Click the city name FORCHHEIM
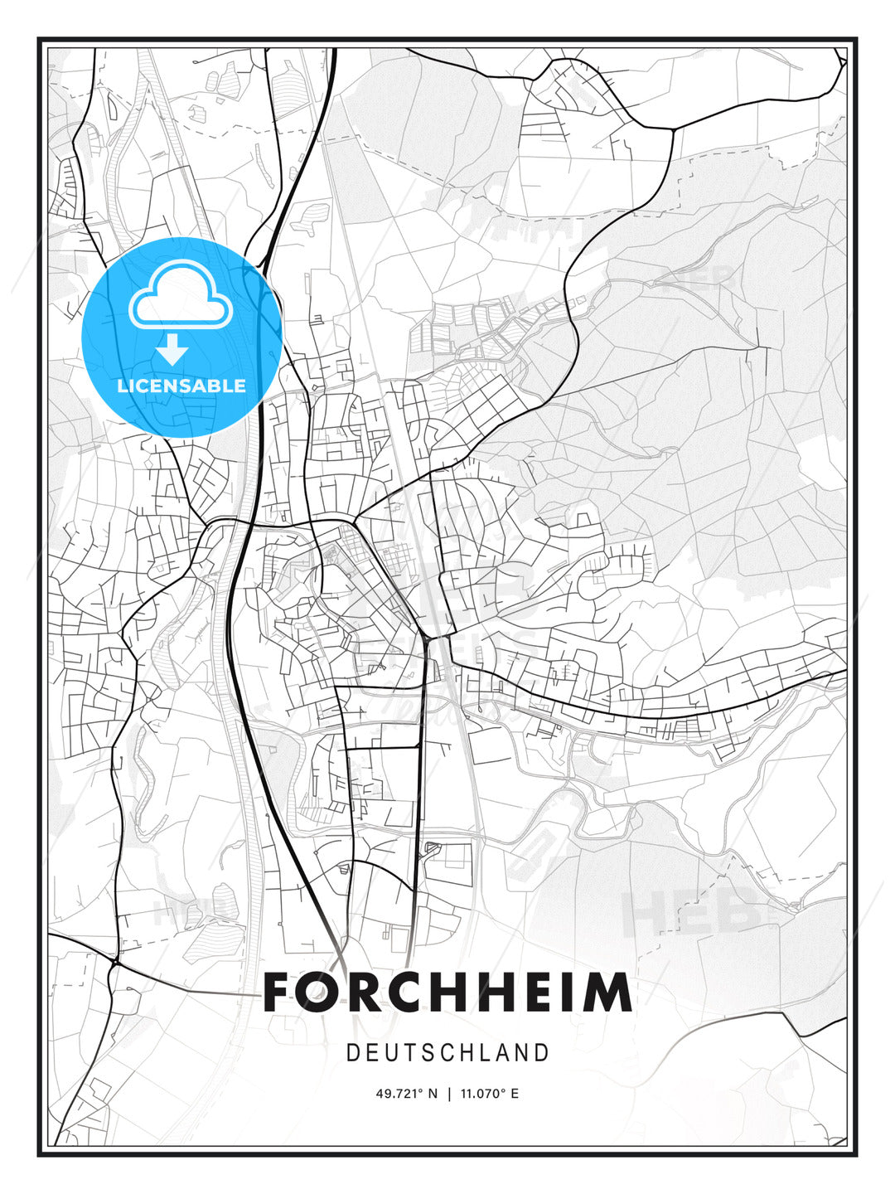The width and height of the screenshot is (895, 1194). point(447,993)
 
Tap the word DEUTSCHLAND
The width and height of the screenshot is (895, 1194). point(447,1053)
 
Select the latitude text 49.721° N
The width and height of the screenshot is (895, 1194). point(406,1094)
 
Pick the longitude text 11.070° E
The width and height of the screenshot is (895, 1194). point(488,1094)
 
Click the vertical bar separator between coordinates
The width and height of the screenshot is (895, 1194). point(449,1094)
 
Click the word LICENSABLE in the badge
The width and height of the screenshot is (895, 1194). point(181,386)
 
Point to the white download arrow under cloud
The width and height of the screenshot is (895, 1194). point(173,350)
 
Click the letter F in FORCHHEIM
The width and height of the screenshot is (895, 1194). point(278,993)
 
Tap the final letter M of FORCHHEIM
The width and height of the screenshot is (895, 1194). point(609,993)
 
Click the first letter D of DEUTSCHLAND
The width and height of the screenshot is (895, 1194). point(352,1053)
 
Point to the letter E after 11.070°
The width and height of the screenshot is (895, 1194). point(515,1094)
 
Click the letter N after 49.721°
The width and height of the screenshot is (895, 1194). point(432,1094)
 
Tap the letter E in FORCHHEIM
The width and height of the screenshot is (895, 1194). point(541,993)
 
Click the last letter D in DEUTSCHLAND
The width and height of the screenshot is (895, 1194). point(543,1053)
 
